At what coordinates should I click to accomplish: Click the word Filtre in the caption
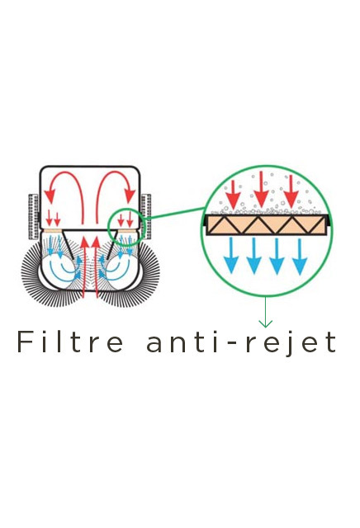pyautogui.click(x=70, y=342)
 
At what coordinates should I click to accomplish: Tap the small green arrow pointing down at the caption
pyautogui.click(x=265, y=312)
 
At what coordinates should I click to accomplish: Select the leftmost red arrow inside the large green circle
pyautogui.click(x=233, y=195)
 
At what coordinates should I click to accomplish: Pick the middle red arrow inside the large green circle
pyautogui.click(x=261, y=190)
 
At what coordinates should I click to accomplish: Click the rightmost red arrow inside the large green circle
pyautogui.click(x=291, y=192)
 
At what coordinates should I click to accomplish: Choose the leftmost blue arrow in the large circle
pyautogui.click(x=231, y=255)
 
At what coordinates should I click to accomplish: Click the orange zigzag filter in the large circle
pyautogui.click(x=267, y=224)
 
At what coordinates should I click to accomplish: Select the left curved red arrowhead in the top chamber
pyautogui.click(x=50, y=196)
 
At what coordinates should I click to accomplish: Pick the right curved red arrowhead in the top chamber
pyautogui.click(x=130, y=196)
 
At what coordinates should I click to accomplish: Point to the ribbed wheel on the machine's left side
pyautogui.click(x=33, y=216)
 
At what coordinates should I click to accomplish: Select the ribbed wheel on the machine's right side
pyautogui.click(x=146, y=216)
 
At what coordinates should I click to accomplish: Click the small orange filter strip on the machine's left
pyautogui.click(x=53, y=231)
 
